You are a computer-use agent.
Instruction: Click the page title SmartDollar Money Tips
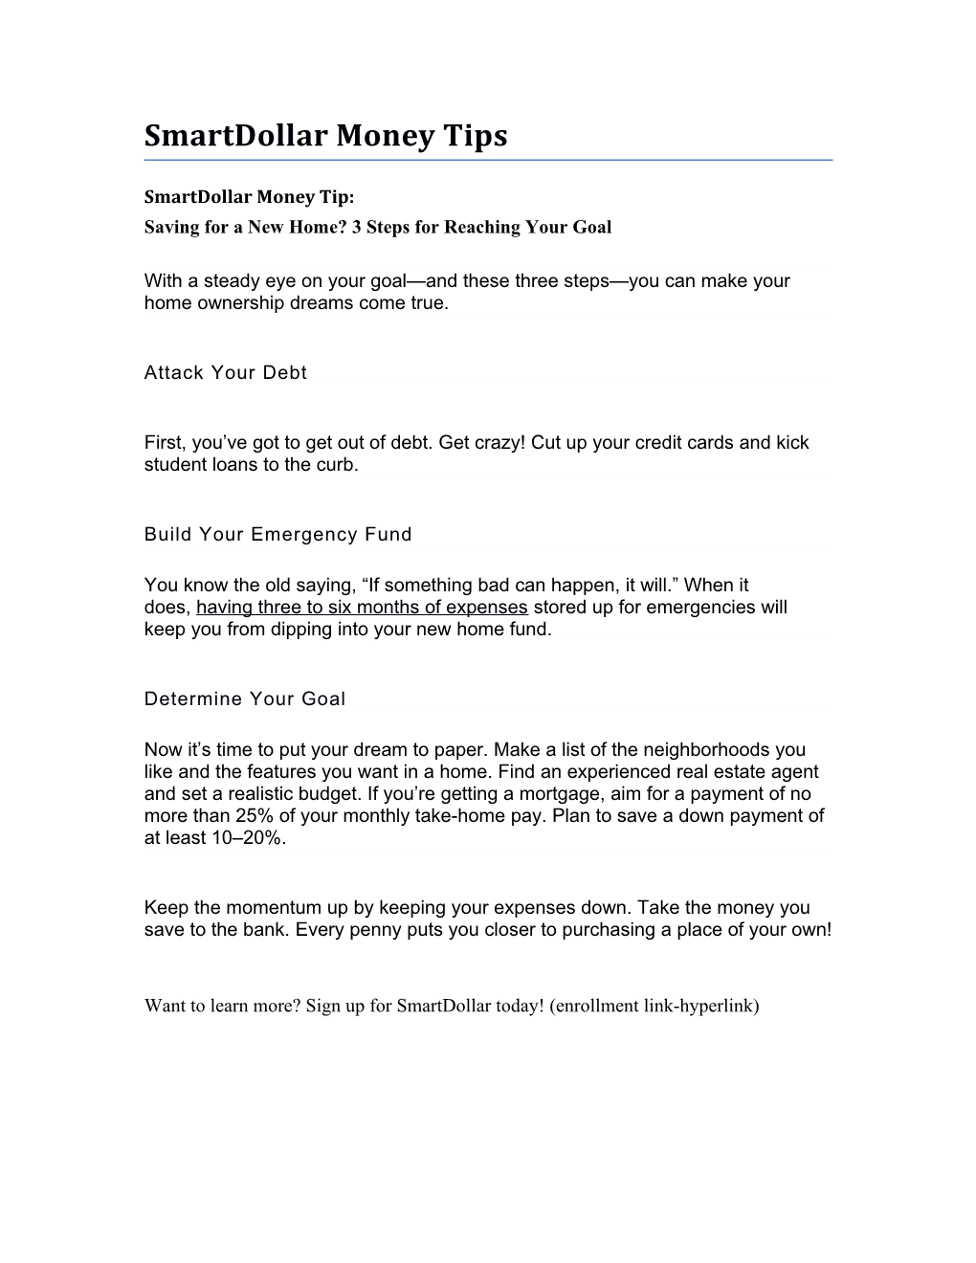click(x=325, y=136)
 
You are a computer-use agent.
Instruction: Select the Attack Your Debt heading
click(x=225, y=373)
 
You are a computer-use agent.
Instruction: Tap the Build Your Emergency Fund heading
click(x=277, y=535)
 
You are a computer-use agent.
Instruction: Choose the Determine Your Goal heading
click(x=244, y=699)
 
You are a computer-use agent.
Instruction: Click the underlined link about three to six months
click(x=362, y=608)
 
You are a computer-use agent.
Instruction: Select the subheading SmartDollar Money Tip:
click(x=249, y=197)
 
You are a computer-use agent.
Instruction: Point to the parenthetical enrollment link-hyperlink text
click(x=654, y=1006)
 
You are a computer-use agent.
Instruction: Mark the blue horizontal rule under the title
click(x=488, y=160)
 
